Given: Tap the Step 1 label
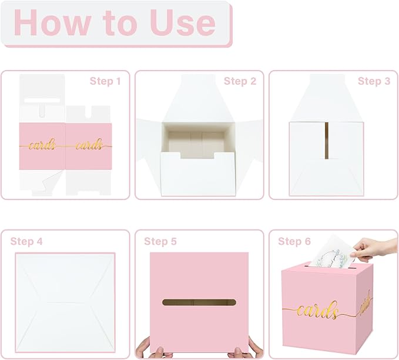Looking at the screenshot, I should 105,81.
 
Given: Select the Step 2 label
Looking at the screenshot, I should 240,81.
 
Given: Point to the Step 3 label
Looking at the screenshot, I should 374,81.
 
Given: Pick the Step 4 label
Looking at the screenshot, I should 26,241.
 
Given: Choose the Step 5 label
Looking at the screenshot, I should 160,241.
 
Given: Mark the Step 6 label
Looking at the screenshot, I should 294,241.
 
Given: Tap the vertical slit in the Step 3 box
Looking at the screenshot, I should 325,141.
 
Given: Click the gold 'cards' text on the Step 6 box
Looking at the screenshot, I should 318,310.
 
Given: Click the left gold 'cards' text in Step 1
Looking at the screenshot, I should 42,145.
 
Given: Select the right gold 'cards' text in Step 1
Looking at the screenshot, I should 89,145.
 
